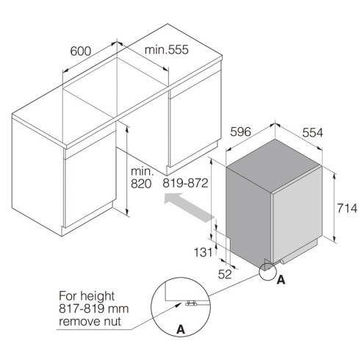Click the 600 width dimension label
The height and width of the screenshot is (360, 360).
point(81,51)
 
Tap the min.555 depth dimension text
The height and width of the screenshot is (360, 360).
point(167,49)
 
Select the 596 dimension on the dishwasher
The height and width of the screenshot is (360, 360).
point(240,132)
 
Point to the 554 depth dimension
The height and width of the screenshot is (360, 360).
point(312,132)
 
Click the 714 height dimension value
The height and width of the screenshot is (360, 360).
point(347,209)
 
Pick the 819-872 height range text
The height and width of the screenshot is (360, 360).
point(185,183)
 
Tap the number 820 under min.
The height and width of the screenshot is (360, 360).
point(141,184)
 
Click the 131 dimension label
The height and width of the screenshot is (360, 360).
point(203,252)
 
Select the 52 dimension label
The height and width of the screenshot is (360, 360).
point(225,274)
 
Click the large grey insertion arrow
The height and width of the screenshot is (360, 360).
point(190,207)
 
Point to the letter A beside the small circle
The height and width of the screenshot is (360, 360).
point(281,280)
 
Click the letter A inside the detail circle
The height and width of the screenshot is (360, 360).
point(181,329)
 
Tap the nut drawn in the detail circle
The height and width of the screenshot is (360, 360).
point(191,303)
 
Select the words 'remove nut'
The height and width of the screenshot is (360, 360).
point(90,321)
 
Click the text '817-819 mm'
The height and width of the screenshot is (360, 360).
point(93,309)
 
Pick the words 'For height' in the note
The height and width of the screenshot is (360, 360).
point(87,296)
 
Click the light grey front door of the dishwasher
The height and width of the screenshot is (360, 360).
point(297,215)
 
